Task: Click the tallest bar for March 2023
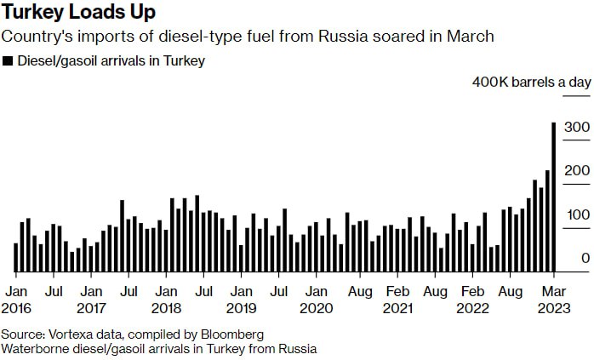click(554, 196)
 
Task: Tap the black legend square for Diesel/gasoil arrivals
click(8, 61)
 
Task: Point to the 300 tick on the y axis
click(574, 128)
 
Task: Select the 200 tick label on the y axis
click(574, 171)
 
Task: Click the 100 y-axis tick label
click(574, 214)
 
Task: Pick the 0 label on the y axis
click(585, 258)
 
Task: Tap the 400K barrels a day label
click(531, 83)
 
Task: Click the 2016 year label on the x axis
click(15, 306)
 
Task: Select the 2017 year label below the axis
click(90, 306)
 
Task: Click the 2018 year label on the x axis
click(166, 306)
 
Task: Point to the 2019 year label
click(241, 306)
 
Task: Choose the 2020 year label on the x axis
click(316, 306)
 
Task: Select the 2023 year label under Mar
click(554, 306)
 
